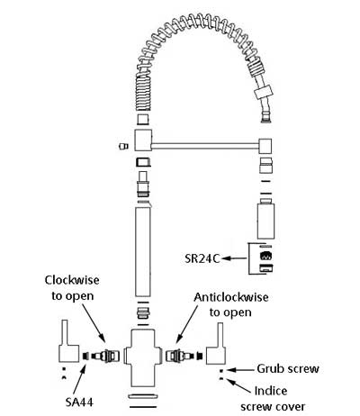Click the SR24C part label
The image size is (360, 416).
coord(202,258)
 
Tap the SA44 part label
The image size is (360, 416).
coord(79,402)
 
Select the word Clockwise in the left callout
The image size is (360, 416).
coord(72,280)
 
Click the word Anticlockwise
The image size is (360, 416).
coord(231,297)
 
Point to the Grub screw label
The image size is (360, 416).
coord(288,368)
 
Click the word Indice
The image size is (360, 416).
coord(271,391)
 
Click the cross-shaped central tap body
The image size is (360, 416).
coord(143,358)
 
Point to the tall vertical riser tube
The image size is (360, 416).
coord(143,251)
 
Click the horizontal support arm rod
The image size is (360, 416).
coord(205,146)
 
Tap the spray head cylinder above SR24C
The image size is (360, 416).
coord(265,222)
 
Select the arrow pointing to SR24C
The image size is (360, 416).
coord(234,258)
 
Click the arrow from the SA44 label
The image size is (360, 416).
coord(80,379)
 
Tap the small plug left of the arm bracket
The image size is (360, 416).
coord(123,147)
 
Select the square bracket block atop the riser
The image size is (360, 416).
coord(143,140)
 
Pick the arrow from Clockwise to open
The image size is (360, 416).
coord(94,322)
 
